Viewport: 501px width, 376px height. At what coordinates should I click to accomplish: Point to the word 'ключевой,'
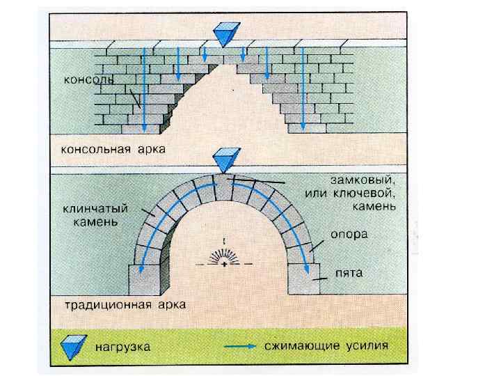370,193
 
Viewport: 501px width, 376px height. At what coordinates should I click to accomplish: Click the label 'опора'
349,235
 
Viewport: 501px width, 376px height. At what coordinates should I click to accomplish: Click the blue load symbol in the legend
72,344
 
